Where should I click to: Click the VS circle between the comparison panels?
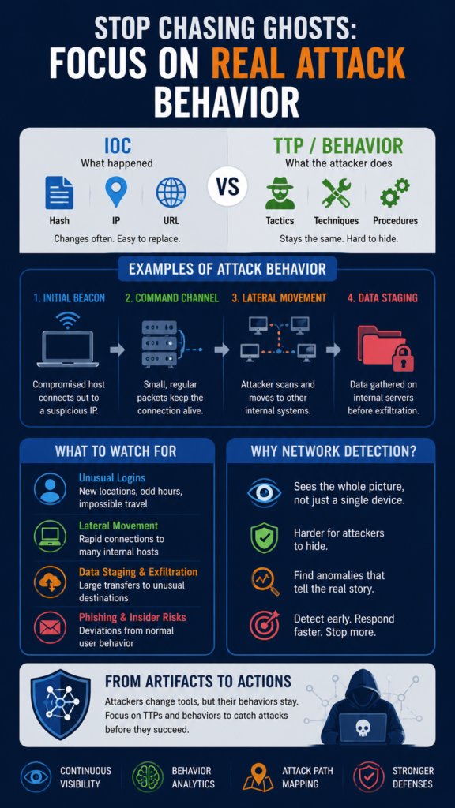click(227, 186)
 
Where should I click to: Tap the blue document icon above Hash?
click(59, 193)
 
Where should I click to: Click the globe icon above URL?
click(171, 193)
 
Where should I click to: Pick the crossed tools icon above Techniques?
click(336, 193)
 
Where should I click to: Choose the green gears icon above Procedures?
click(395, 193)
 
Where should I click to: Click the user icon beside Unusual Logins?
click(50, 489)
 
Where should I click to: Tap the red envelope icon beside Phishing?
click(50, 627)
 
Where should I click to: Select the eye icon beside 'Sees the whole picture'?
click(264, 493)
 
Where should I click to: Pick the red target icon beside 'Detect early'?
click(264, 625)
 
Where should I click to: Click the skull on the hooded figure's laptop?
click(362, 728)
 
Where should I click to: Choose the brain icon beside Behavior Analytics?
click(148, 777)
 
